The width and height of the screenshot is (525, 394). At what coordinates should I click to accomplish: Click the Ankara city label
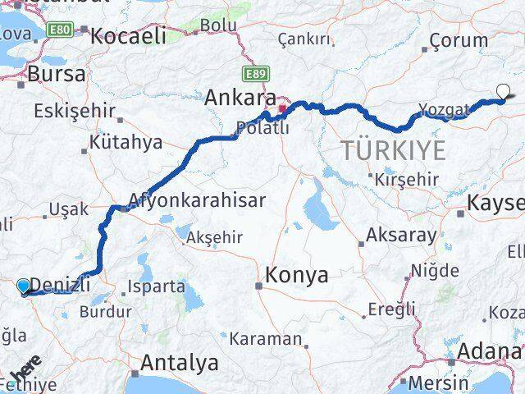point(240,97)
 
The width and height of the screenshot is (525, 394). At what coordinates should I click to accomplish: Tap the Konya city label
point(297,276)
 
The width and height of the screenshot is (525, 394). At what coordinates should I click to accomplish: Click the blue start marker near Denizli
point(24,286)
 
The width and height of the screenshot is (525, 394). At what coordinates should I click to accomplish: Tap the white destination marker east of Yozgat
point(503,92)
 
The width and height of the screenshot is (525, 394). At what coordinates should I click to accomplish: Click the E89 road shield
point(256,73)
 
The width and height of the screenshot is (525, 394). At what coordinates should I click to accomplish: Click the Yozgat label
point(443,109)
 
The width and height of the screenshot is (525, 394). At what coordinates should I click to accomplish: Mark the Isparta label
point(155,287)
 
